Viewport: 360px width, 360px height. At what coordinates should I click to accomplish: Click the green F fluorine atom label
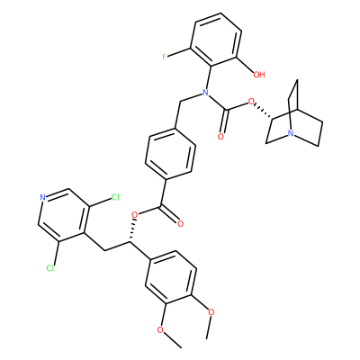coord(165,57)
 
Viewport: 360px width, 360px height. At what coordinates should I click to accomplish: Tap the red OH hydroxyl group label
coord(259,74)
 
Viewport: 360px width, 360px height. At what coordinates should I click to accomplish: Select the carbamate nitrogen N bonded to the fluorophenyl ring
coord(205,92)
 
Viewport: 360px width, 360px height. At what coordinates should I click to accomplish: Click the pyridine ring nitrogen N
coord(42,198)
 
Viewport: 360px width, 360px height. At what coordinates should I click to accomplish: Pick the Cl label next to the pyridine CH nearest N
coord(115,197)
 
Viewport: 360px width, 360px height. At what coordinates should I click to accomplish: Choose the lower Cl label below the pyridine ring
coord(50,268)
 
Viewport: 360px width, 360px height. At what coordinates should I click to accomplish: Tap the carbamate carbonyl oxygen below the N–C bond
coord(221,137)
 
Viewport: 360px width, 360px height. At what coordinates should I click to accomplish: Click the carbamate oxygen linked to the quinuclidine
coord(251,103)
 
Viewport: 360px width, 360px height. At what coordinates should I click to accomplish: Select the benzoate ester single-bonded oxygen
coord(135,215)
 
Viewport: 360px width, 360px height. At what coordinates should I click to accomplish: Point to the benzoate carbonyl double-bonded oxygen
coord(180,223)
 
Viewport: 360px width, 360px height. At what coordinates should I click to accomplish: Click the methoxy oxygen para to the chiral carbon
coord(211,312)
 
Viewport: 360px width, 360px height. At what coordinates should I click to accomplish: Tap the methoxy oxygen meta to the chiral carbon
coord(161,330)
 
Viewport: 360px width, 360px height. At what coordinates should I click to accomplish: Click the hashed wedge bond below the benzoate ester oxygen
coord(132,230)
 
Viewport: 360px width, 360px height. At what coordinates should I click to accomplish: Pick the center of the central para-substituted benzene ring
coord(170,155)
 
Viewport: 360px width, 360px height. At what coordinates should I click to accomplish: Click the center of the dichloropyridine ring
coord(64,215)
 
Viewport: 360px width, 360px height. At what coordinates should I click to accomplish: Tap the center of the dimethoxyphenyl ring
coord(171,277)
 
